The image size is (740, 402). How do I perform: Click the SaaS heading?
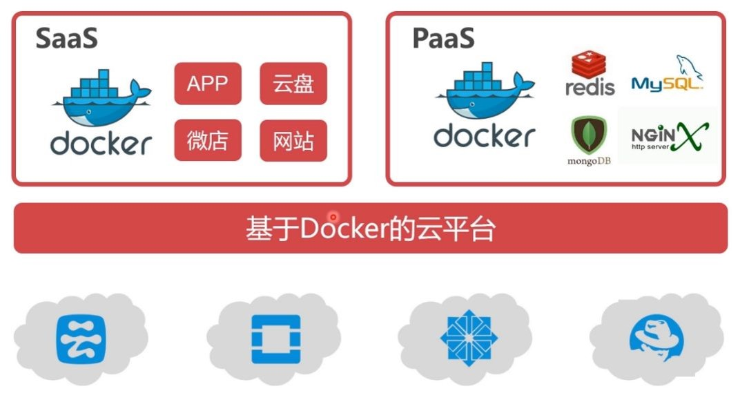click(x=67, y=39)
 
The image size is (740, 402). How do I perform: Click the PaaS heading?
click(x=443, y=39)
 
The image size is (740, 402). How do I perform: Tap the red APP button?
click(x=207, y=84)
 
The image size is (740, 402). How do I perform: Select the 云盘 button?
click(x=293, y=84)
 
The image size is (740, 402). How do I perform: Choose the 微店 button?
click(x=207, y=141)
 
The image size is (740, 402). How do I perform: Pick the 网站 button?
click(x=293, y=141)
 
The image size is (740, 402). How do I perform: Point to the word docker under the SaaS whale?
click(x=101, y=143)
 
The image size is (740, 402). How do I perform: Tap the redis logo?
click(x=590, y=74)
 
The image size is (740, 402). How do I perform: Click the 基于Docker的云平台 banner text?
click(x=370, y=229)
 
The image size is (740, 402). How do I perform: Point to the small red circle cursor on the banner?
click(x=333, y=217)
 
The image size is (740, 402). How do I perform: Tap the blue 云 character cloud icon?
click(x=81, y=338)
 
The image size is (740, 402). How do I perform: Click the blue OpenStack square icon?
click(x=275, y=338)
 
